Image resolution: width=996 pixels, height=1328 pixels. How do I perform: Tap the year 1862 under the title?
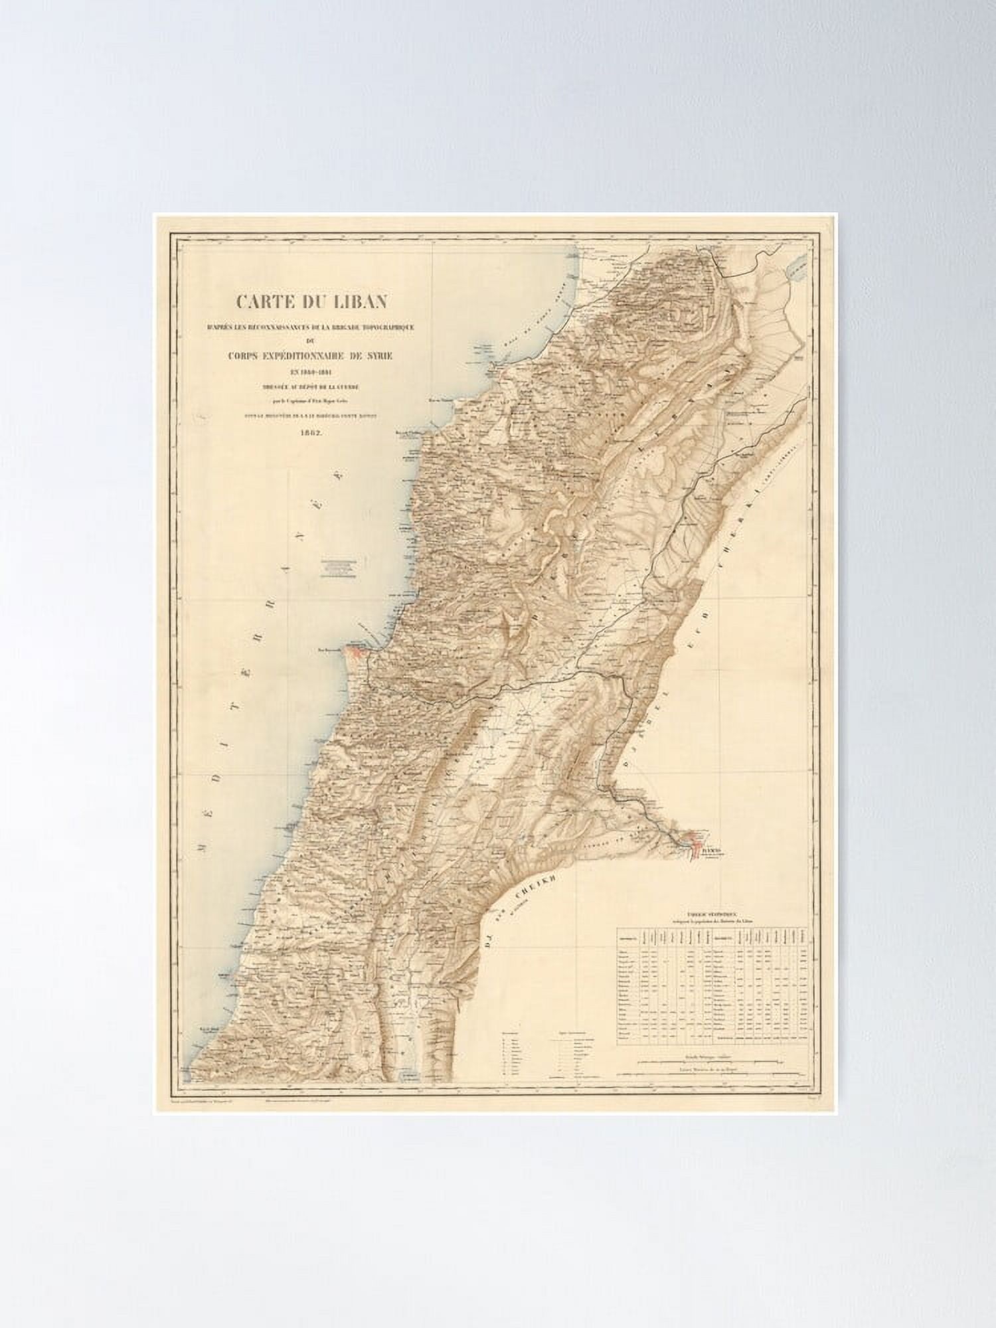(x=311, y=432)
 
